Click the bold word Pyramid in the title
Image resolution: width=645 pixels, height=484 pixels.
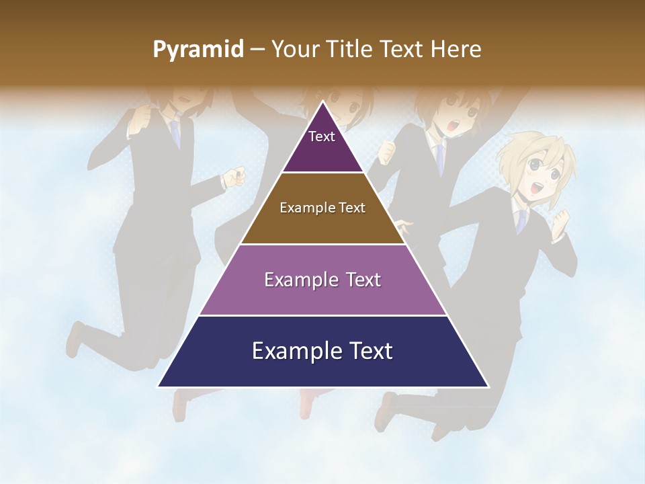coord(198,50)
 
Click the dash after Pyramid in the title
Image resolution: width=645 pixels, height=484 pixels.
coord(257,50)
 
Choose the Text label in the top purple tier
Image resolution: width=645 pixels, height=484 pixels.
coord(322,136)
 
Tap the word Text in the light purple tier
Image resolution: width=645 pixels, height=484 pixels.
coord(363,280)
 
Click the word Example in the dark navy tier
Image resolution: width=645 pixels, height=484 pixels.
coord(293,351)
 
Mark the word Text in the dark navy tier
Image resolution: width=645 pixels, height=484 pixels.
coord(368,351)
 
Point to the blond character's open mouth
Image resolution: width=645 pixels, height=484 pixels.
coord(535,190)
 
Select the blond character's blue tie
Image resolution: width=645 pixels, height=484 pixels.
coord(521,221)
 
